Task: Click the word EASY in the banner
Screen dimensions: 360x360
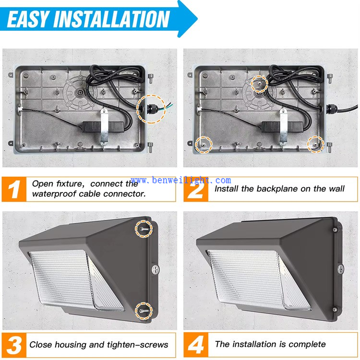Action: click(28, 19)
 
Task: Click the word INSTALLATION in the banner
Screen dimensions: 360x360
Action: click(112, 19)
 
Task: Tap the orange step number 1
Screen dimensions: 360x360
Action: click(15, 189)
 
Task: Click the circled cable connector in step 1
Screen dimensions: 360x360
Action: click(149, 108)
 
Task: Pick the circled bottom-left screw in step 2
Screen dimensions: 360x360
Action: click(204, 144)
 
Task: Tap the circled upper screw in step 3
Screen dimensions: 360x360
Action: click(144, 229)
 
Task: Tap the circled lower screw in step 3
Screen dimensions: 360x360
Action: click(144, 311)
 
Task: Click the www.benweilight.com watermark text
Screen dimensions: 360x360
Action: click(181, 180)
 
